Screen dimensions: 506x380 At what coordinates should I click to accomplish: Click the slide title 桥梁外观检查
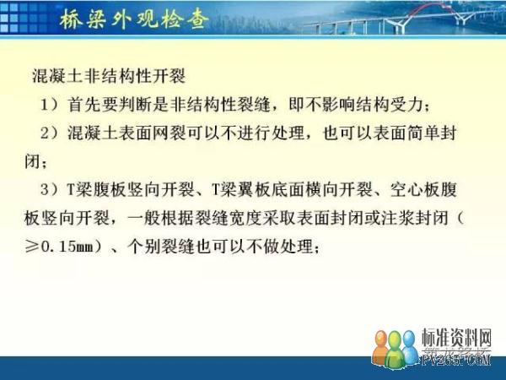134,19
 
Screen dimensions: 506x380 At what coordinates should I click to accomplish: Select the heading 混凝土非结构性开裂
109,77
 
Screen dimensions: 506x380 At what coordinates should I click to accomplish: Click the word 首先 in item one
84,105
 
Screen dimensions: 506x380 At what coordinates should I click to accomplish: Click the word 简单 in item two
423,133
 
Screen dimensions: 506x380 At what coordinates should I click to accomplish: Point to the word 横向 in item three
321,190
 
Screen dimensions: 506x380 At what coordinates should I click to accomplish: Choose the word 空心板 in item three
414,190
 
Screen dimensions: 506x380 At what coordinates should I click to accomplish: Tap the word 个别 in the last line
144,247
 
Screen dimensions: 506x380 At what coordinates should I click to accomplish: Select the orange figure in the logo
381,348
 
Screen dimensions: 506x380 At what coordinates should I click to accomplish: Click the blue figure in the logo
409,346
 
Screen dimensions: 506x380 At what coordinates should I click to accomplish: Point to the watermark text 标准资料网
456,338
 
